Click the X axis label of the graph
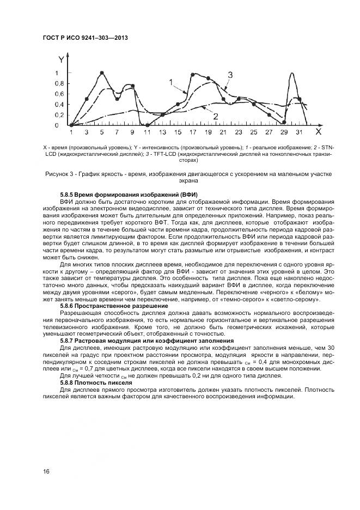319,131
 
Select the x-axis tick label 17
193,132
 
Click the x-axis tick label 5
101,132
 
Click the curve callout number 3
230,75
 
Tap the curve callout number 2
215,116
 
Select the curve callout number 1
171,82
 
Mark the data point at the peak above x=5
102,73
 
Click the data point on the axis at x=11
147,125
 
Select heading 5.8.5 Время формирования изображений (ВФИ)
129,195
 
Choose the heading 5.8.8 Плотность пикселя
96,383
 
